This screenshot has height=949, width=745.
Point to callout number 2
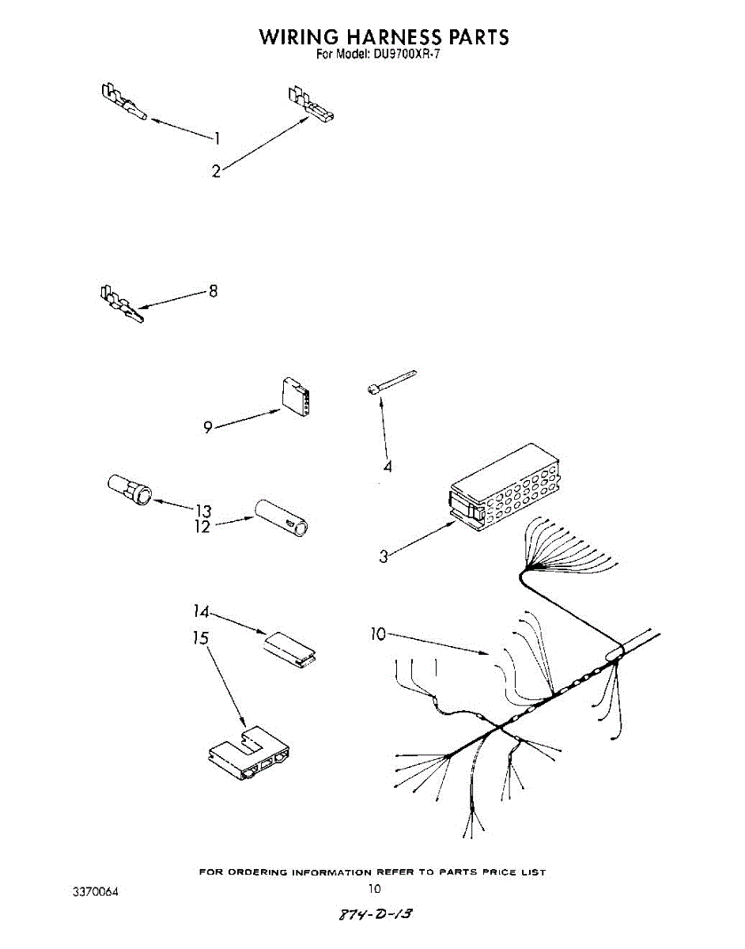[216, 170]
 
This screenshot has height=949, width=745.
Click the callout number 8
[213, 292]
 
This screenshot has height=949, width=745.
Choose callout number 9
[207, 428]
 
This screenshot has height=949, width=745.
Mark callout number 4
[388, 467]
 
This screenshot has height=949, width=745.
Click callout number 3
[384, 556]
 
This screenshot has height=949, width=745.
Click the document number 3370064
[96, 892]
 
